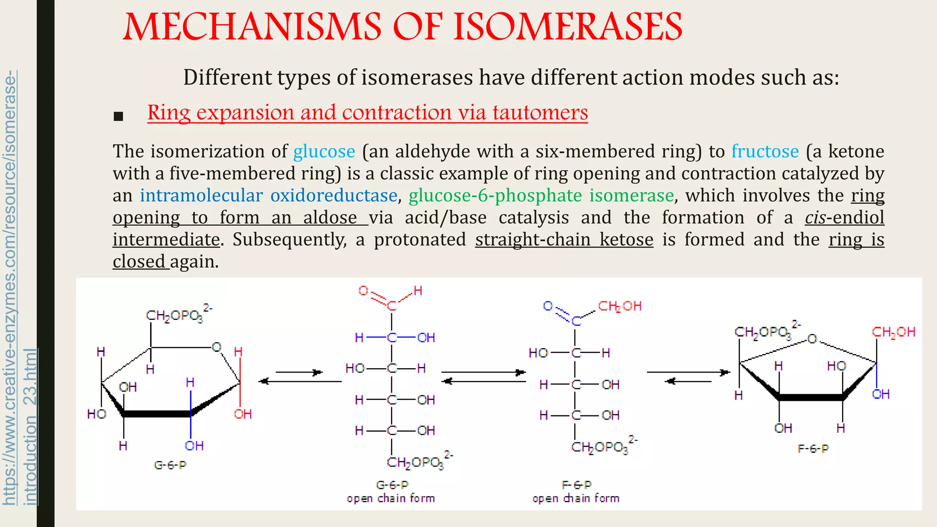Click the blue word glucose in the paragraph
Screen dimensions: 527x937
coord(324,151)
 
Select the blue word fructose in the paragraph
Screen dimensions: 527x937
coord(765,151)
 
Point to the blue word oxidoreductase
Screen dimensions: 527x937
coord(334,195)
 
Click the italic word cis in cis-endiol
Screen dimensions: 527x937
coord(815,217)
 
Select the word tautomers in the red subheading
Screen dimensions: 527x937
coord(540,113)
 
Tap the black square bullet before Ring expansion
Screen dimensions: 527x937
coord(118,116)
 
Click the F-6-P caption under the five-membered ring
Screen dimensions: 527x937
coord(813,449)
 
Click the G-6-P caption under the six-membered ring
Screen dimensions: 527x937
coord(170,465)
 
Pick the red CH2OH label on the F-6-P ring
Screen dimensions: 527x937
coord(893,332)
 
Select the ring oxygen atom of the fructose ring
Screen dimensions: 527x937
coord(812,339)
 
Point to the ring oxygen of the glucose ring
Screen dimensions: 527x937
coord(216,347)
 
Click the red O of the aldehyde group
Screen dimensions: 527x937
coord(363,291)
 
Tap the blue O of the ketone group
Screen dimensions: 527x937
coord(548,306)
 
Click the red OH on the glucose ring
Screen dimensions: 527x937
coord(242,414)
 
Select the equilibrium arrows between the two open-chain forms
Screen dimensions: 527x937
coord(484,376)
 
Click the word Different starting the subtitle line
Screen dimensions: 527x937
coord(227,77)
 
